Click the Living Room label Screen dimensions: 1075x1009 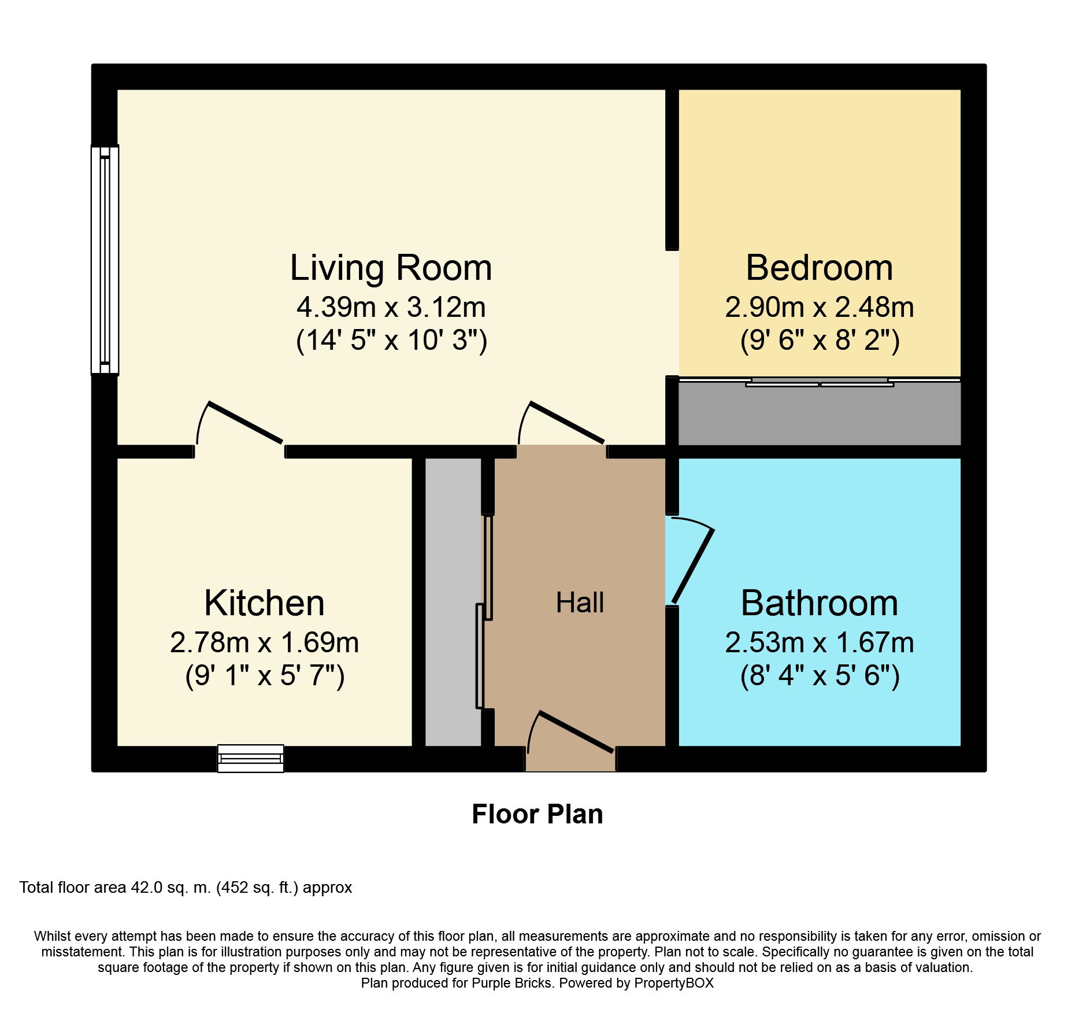(391, 268)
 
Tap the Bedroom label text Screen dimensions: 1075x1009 (820, 268)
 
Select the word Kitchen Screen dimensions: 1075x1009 (264, 603)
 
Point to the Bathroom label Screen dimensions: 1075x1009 (820, 603)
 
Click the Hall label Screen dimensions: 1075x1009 (580, 603)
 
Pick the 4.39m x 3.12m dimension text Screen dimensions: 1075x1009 (391, 307)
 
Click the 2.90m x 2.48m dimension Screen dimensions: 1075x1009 (820, 307)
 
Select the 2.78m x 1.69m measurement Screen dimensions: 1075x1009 (264, 642)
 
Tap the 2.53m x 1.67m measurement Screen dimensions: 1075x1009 (820, 642)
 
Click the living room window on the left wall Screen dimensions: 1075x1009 (105, 260)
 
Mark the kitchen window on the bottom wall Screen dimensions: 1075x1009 (250, 758)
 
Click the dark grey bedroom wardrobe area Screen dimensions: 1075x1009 (820, 413)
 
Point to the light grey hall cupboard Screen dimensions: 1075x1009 (453, 602)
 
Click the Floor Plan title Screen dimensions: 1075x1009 (537, 814)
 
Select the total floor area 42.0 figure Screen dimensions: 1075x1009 (147, 888)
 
